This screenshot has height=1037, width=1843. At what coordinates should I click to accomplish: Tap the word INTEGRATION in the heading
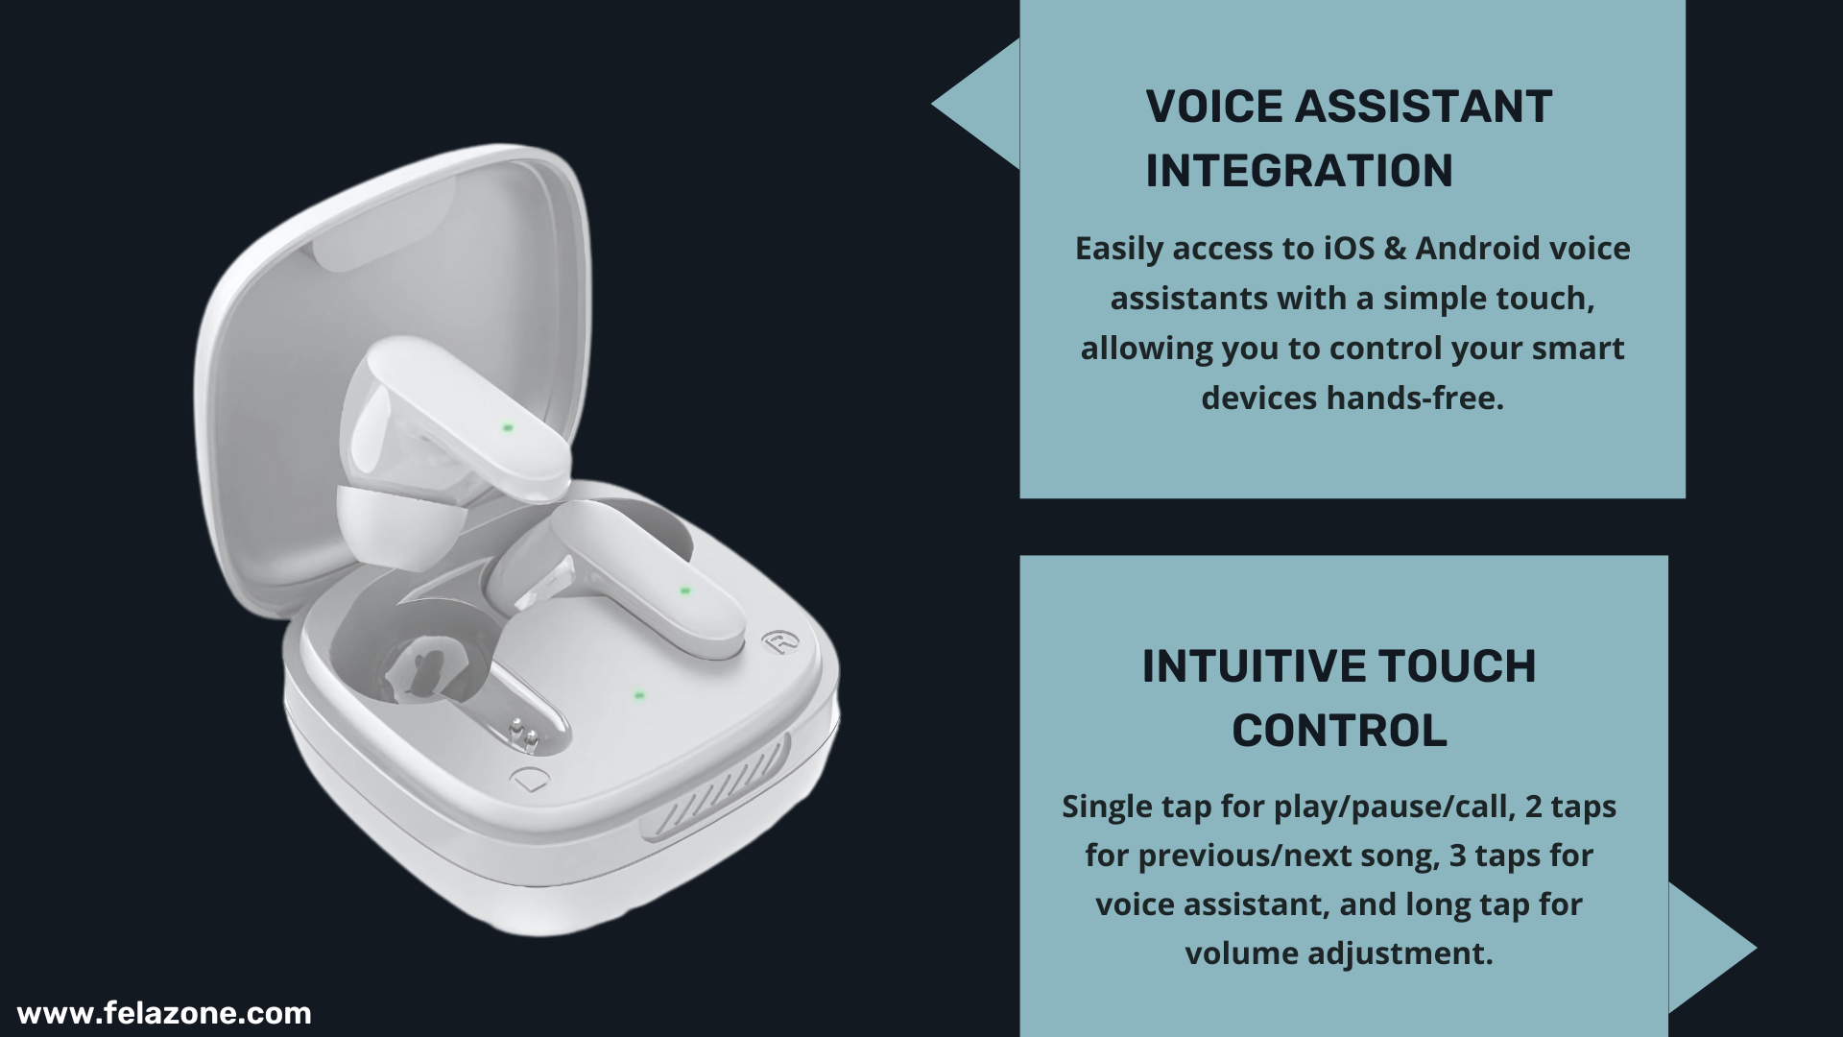pos(1299,171)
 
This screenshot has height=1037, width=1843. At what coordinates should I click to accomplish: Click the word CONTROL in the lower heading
pos(1339,731)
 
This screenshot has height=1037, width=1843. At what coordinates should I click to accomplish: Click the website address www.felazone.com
pos(164,1014)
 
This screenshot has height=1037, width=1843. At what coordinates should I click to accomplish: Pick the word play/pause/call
pos(1395,808)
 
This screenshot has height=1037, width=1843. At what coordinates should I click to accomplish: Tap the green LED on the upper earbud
pos(508,427)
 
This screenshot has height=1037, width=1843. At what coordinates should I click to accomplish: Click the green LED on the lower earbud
pos(684,591)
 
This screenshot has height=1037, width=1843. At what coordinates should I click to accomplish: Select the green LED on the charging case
pos(638,695)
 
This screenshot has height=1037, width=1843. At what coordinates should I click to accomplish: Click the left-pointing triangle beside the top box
pos(976,104)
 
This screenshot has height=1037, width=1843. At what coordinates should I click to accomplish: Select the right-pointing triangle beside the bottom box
pos(1712,949)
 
